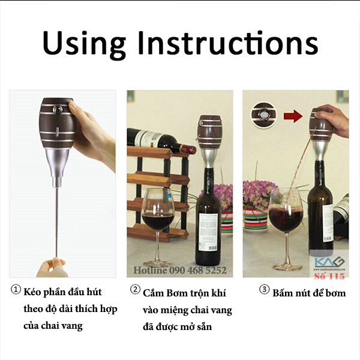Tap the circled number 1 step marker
click(x=16, y=290)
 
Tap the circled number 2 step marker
click(x=135, y=290)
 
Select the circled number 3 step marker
click(x=264, y=290)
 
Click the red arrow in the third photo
click(x=293, y=116)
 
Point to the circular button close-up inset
click(x=264, y=115)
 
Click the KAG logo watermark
click(x=329, y=262)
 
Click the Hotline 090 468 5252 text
click(x=180, y=270)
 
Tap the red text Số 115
click(x=329, y=276)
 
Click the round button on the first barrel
click(x=58, y=109)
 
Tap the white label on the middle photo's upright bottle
click(x=209, y=233)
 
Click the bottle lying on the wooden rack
click(x=161, y=139)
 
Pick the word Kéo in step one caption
click(x=32, y=292)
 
